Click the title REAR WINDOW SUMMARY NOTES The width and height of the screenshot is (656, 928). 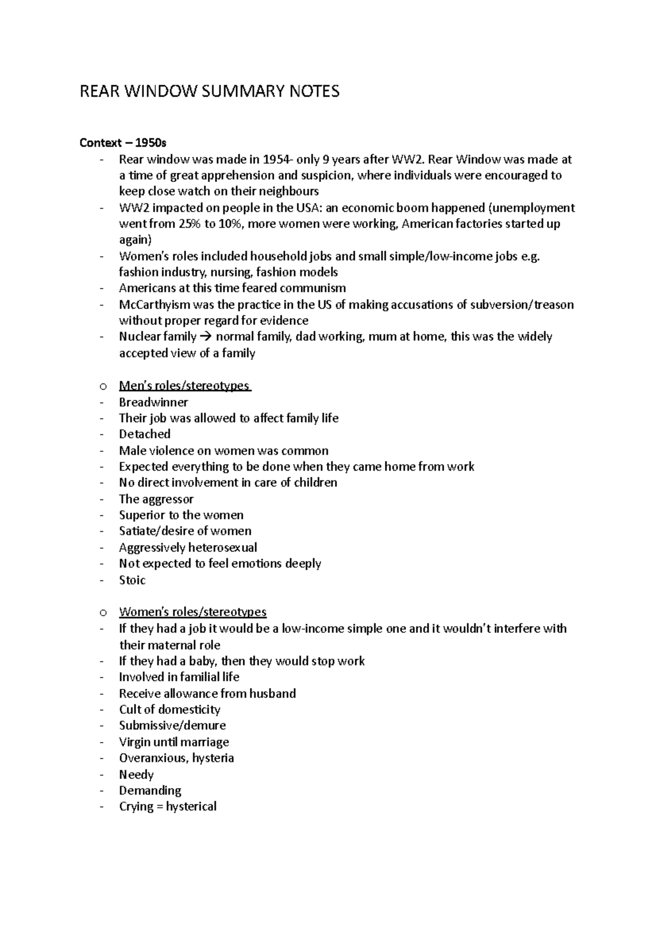(x=209, y=91)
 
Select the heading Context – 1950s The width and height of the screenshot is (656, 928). (x=123, y=143)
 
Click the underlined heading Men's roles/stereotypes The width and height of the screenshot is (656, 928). (x=185, y=386)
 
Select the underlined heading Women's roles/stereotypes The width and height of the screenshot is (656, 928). (x=192, y=612)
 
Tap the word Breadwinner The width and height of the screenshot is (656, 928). (x=153, y=402)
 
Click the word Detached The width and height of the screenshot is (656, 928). (x=145, y=434)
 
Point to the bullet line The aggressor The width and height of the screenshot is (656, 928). (x=156, y=499)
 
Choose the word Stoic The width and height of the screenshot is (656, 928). (x=132, y=580)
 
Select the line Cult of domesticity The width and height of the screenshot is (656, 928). (x=169, y=709)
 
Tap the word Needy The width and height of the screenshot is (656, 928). (x=136, y=774)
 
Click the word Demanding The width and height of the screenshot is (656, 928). (x=150, y=790)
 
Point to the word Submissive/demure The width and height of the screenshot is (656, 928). (x=172, y=725)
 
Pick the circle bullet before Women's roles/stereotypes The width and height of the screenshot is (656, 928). (x=102, y=612)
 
